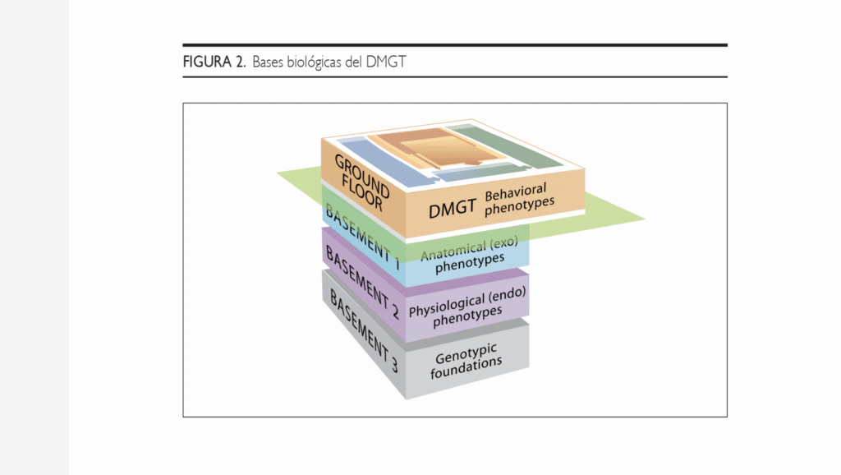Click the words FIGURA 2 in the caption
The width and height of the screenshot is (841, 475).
[214, 62]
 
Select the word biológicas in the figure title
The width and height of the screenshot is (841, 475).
[314, 62]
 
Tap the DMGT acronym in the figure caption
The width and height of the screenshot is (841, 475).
[386, 62]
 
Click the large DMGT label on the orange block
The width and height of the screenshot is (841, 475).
[453, 208]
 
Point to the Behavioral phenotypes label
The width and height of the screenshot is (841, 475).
[518, 199]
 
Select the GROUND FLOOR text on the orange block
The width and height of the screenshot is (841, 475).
[361, 182]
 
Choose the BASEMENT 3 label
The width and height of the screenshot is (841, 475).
[363, 331]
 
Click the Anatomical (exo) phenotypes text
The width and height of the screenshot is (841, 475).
[469, 255]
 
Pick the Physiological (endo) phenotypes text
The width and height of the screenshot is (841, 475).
[467, 307]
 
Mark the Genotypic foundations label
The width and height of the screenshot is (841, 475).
[466, 361]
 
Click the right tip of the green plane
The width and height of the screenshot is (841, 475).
[646, 219]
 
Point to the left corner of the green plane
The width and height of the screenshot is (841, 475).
[277, 173]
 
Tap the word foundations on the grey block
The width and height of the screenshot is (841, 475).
[466, 369]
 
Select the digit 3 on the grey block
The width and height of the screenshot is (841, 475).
[393, 366]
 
